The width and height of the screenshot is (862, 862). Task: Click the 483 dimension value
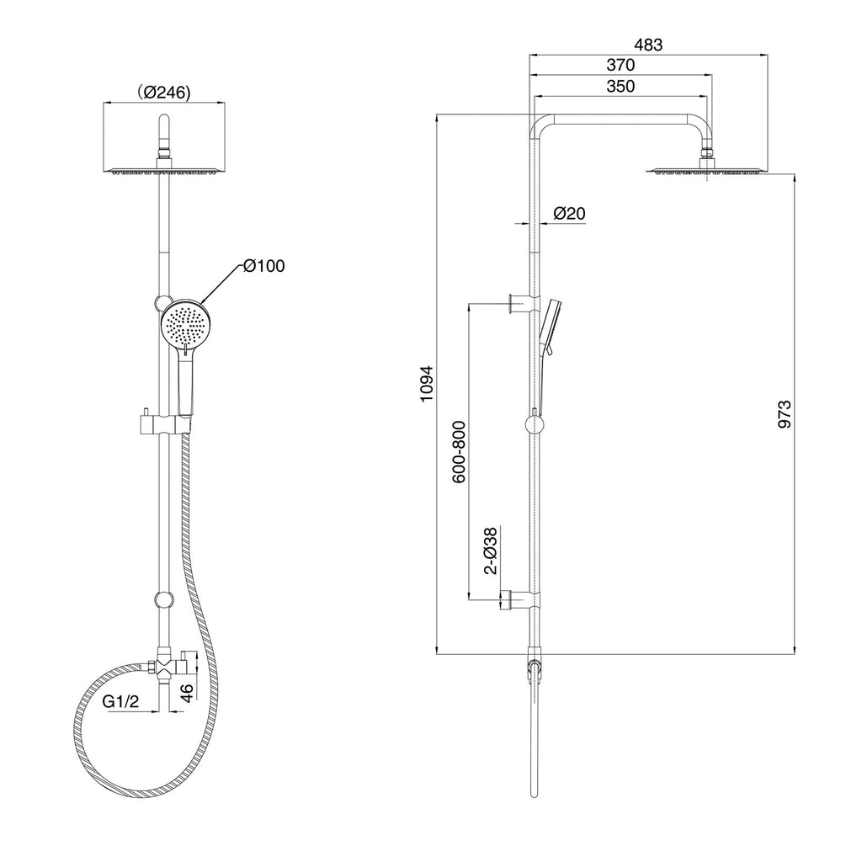[x=648, y=45]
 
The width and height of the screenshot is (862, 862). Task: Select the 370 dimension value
[x=620, y=65]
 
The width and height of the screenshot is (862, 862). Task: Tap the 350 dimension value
[x=620, y=87]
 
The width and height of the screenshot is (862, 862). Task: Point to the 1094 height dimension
[x=427, y=383]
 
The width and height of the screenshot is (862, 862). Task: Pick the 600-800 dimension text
[x=459, y=452]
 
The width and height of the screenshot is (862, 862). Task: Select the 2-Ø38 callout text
[x=490, y=551]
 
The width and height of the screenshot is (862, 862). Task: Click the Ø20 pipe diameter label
[x=570, y=213]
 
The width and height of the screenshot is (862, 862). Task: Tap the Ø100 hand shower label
[x=264, y=266]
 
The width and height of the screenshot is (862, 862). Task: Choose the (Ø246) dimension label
[x=164, y=93]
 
